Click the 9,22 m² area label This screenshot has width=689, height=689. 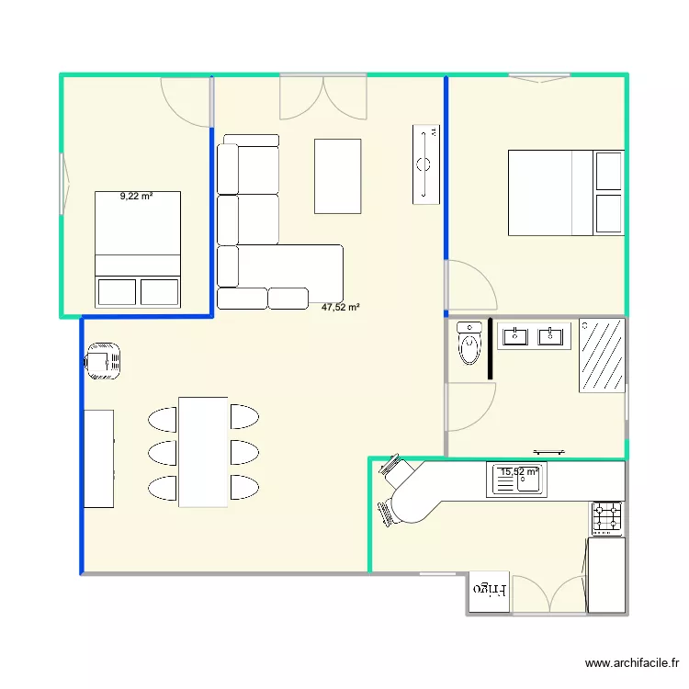pyautogui.click(x=136, y=196)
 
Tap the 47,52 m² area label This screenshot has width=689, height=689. pyautogui.click(x=340, y=309)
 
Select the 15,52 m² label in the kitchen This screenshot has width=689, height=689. pyautogui.click(x=519, y=472)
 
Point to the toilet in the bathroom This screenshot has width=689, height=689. pyautogui.click(x=469, y=344)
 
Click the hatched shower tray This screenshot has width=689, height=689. pyautogui.click(x=603, y=356)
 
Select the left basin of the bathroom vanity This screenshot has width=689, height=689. pyautogui.click(x=514, y=335)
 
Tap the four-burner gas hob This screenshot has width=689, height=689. pyautogui.click(x=607, y=518)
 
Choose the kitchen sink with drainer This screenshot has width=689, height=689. pyautogui.click(x=518, y=480)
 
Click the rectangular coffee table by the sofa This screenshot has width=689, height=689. pyautogui.click(x=337, y=175)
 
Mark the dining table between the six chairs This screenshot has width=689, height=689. pyautogui.click(x=203, y=451)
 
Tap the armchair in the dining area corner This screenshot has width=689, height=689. pyautogui.click(x=103, y=360)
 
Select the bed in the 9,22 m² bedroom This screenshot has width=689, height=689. pyautogui.click(x=138, y=248)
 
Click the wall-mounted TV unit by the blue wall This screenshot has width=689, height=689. pyautogui.click(x=425, y=163)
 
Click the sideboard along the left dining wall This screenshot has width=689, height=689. pyautogui.click(x=98, y=458)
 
